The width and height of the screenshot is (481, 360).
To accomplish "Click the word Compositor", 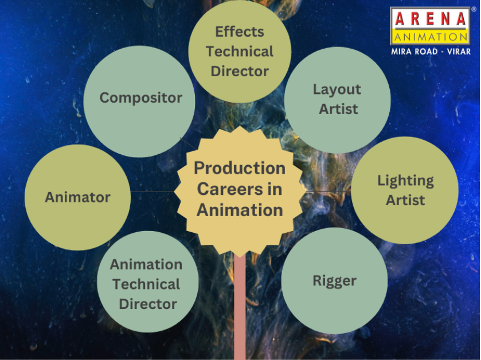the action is point(141,98).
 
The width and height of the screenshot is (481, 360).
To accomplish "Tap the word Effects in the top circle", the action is point(240,32).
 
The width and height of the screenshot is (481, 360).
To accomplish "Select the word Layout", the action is point(337,89).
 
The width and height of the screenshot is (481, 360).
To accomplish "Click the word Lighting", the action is point(405,181).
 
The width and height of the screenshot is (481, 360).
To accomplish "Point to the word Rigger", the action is point(334,281).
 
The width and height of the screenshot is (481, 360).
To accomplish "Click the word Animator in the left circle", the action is point(77,197).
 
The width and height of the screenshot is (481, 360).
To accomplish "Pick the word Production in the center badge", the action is point(240,168).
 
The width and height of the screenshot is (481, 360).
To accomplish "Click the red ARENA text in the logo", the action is point(431,19).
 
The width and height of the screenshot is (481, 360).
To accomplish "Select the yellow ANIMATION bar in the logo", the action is point(431,37).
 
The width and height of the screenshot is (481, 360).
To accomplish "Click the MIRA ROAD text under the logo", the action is point(414,51).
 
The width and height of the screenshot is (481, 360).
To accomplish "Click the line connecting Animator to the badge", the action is point(152,192).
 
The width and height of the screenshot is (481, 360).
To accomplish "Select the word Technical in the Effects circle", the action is point(240,51).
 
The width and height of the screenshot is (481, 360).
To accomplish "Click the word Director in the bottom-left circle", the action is point(148,304).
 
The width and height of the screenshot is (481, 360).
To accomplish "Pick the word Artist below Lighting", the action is point(405,200).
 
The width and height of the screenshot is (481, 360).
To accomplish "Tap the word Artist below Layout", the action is point(338,109).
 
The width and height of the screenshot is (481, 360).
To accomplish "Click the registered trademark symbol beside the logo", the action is point(474,9).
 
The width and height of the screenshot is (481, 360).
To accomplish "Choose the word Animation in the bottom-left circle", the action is point(146,264).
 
